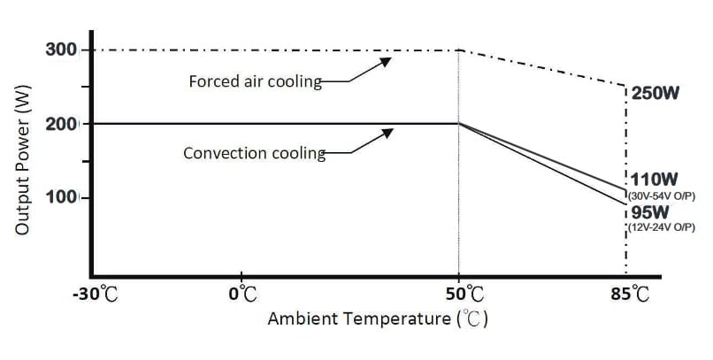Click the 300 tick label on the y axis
point(61,49)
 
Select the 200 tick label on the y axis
point(61,123)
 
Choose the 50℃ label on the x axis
point(459,293)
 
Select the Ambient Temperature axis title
point(379,319)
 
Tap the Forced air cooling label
point(255,81)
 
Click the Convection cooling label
point(254,153)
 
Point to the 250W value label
point(655,92)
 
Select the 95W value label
point(649,212)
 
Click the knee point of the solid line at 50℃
point(459,124)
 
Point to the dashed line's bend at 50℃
point(459,50)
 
